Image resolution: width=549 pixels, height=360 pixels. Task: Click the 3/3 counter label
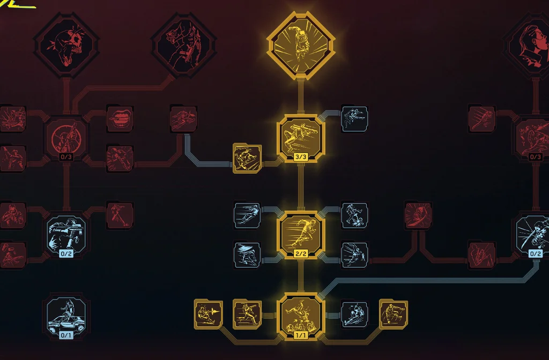coord(301,157)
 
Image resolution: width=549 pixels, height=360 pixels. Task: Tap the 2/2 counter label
coord(301,253)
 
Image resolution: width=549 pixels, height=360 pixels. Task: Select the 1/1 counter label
coord(301,335)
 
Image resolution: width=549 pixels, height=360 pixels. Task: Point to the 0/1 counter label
coord(66,335)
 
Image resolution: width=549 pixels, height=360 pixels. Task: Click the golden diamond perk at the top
coord(301,46)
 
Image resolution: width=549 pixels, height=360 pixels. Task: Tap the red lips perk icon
coord(120,118)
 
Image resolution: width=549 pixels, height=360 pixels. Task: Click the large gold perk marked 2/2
coord(301,235)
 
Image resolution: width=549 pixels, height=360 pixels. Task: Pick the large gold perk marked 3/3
coord(301,138)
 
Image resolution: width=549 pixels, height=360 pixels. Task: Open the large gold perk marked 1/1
coord(301,317)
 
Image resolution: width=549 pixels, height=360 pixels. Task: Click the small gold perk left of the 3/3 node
coord(247,158)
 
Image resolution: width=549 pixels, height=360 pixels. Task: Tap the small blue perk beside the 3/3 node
coord(354,119)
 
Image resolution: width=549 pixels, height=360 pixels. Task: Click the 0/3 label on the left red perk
coord(66,157)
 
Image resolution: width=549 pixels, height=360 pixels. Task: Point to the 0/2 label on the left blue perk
coord(66,253)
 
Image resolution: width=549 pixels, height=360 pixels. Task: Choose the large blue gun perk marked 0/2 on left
coord(66,235)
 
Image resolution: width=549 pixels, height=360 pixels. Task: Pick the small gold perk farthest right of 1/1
coord(394,314)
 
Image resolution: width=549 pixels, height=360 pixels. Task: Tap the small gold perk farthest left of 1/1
coord(209,314)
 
